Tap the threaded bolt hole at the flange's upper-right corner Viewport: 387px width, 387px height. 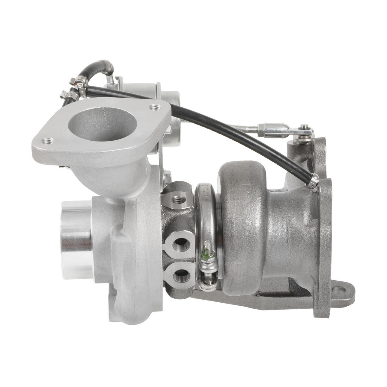coord(155,107)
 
